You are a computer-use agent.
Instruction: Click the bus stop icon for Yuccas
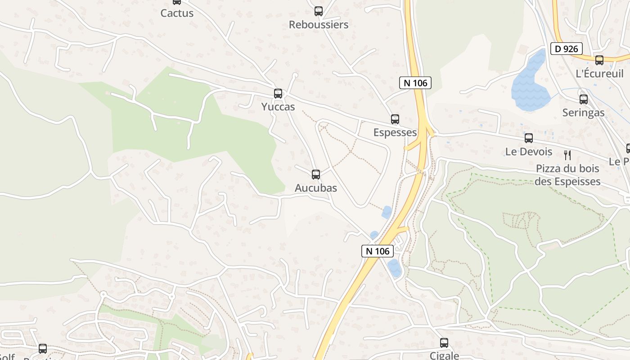coord(278,94)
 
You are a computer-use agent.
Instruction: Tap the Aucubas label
coord(315,188)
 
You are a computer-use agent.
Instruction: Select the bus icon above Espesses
coord(395,119)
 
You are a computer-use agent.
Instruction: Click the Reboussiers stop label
coord(319,25)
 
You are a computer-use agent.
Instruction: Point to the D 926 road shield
coord(567,49)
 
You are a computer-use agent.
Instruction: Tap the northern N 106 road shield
coord(415,83)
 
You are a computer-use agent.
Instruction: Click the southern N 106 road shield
coord(378,251)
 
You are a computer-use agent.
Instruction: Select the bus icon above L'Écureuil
coord(599,60)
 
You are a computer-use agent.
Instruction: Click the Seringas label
coord(583,112)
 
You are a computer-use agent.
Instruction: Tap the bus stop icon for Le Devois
coord(529,138)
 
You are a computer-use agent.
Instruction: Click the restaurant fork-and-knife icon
coord(567,155)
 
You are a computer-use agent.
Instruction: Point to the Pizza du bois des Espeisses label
coord(567,175)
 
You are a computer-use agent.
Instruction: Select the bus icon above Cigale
coord(444,343)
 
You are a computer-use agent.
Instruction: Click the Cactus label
coord(177,13)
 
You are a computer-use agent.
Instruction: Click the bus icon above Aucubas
coord(316,175)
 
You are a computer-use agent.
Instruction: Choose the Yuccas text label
coord(278,107)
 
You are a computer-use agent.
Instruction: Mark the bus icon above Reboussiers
coord(319,11)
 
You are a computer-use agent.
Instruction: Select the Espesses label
coord(395,132)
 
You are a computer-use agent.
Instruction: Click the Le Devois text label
coord(529,152)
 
